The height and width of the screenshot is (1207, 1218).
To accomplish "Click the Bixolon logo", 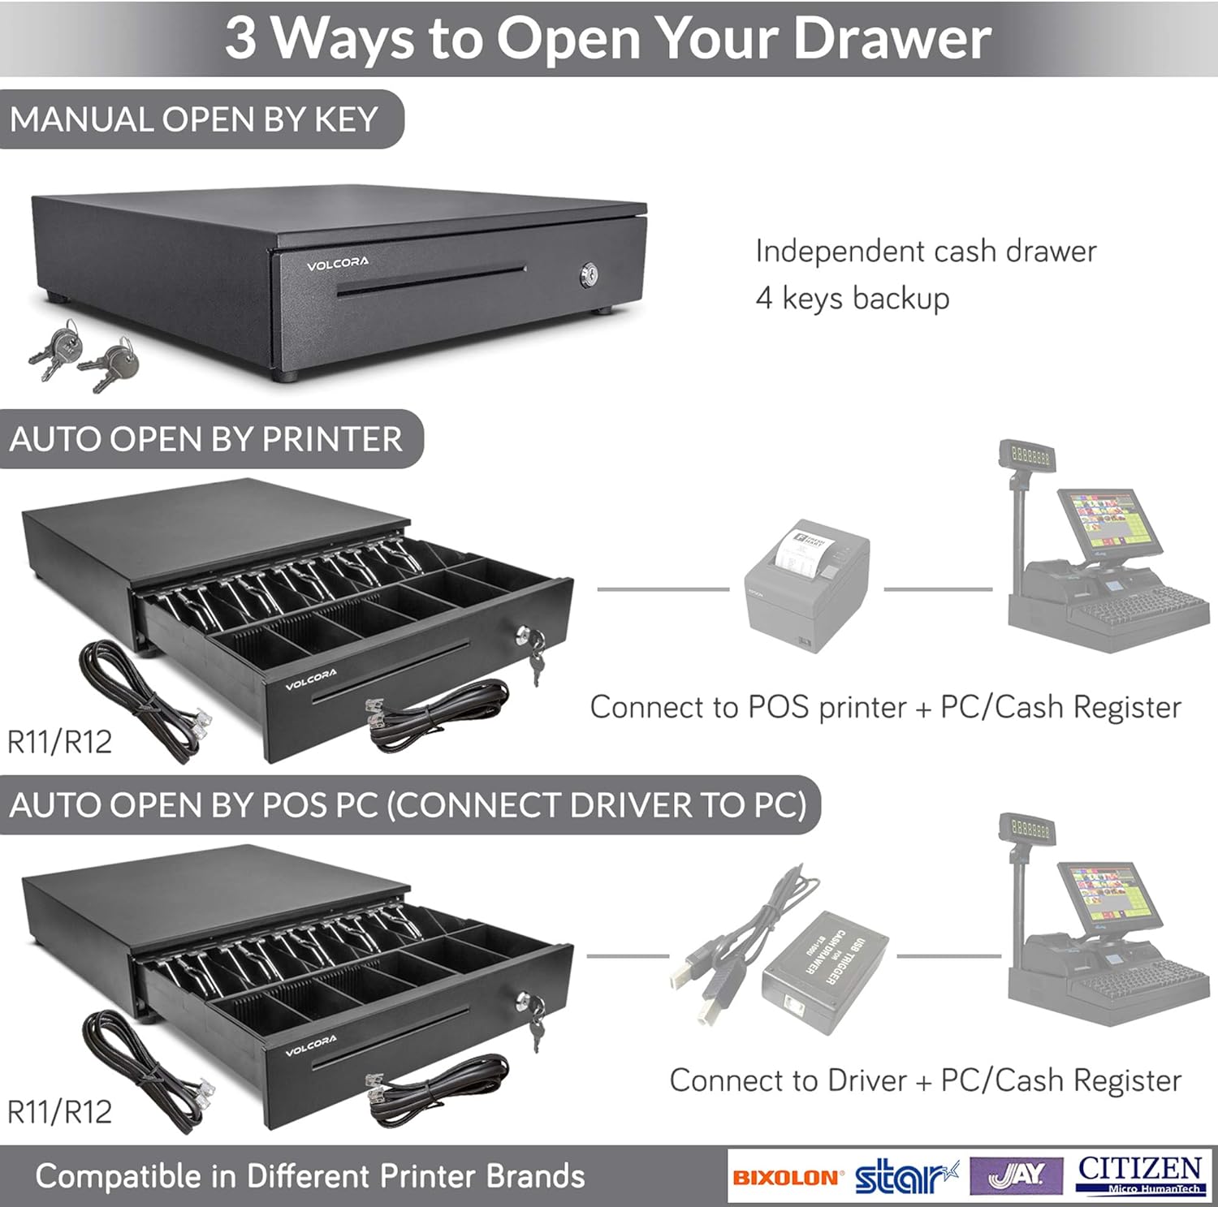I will coord(785,1177).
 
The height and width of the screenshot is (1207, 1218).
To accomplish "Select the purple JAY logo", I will coord(1017,1175).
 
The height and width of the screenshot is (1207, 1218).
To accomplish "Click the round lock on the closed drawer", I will coord(589,276).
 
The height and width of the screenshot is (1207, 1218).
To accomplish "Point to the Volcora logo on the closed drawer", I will coord(337,263).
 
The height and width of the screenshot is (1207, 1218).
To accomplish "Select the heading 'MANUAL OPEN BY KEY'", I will coord(194,120).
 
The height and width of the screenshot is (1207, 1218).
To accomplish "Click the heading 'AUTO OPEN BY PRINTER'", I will coord(205,439).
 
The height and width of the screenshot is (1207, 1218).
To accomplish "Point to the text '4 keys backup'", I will coord(852,298).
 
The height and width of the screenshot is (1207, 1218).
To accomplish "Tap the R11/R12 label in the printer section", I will coord(59,742).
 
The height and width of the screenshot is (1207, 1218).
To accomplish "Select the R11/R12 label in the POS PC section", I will coord(59,1111).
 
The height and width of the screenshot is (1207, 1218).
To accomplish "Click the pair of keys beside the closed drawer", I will coord(83,355).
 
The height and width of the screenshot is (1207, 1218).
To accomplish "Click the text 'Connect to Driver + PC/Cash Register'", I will coord(925,1080).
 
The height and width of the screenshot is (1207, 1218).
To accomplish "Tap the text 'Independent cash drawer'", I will coord(925,251).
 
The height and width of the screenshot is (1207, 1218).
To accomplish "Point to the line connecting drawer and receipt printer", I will coord(663,589).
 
